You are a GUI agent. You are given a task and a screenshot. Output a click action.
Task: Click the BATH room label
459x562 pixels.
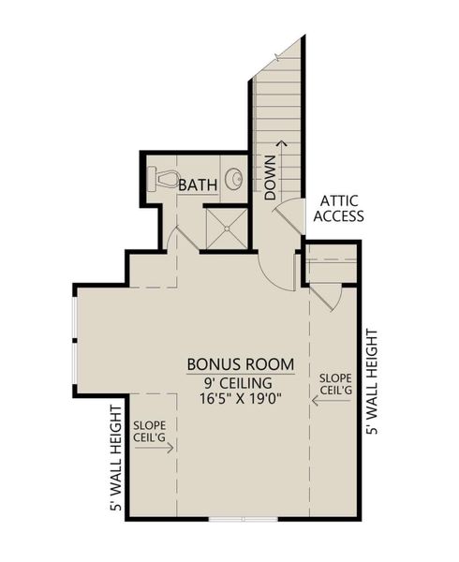tap(200, 185)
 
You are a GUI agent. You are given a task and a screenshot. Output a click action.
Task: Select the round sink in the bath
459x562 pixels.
tap(234, 180)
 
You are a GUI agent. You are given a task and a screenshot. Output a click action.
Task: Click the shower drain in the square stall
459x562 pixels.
tap(224, 226)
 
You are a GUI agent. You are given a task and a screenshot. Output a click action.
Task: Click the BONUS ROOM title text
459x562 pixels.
tap(241, 364)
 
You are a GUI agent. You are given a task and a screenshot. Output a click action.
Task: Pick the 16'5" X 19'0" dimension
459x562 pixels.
tap(240, 398)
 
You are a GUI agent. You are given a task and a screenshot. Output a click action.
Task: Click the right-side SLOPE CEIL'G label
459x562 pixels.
tap(335, 383)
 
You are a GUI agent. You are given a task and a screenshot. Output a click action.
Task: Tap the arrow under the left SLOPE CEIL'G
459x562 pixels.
tap(155, 448)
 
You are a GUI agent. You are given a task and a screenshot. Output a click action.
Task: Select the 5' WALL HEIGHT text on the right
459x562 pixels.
tap(371, 381)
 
